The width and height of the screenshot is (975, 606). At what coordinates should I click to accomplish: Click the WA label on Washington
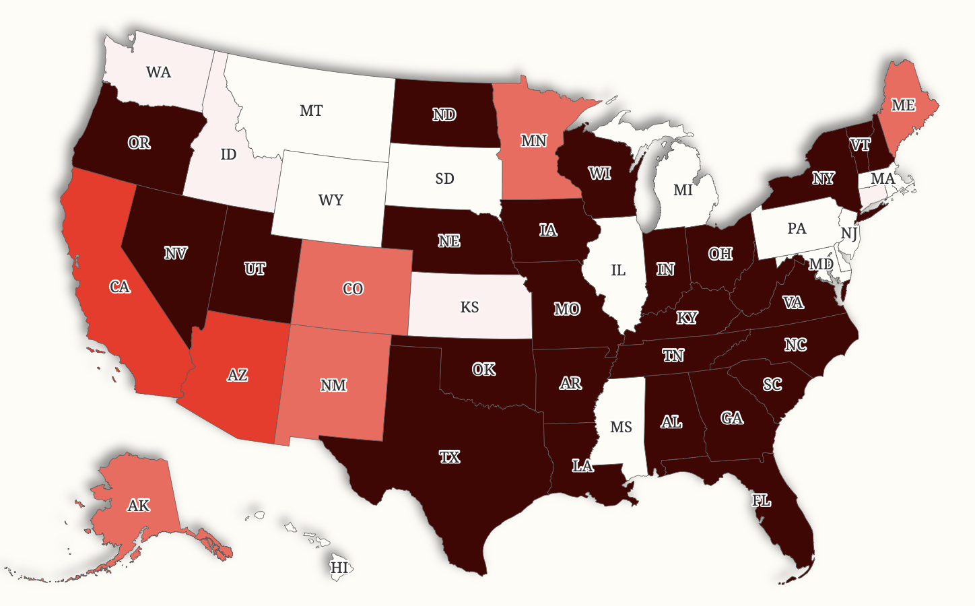click(158, 72)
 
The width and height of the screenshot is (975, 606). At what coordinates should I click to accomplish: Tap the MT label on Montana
click(311, 110)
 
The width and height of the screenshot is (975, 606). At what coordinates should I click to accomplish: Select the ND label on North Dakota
click(444, 115)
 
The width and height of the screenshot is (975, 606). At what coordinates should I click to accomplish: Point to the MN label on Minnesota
click(533, 141)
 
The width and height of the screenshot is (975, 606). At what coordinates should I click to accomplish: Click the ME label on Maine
click(903, 105)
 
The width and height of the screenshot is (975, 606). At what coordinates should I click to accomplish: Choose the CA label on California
click(120, 287)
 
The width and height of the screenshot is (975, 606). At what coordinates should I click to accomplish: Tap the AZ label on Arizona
click(237, 375)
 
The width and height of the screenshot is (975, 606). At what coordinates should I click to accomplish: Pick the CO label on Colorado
click(353, 289)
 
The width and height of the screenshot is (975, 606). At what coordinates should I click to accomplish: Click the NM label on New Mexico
click(333, 385)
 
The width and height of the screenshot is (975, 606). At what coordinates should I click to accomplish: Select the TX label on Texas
click(449, 457)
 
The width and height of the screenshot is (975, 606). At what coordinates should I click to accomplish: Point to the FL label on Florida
click(761, 500)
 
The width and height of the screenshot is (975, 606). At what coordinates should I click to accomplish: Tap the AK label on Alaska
click(139, 505)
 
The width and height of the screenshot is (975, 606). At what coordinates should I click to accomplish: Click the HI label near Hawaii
click(339, 568)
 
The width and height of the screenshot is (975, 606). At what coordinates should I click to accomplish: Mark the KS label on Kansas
click(469, 307)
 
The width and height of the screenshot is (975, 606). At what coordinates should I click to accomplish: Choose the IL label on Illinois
click(618, 270)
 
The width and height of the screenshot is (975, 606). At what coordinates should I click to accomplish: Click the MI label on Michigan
click(683, 191)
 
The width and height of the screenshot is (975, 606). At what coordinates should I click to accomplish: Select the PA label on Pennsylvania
click(797, 228)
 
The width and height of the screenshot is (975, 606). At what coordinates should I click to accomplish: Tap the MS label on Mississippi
click(621, 427)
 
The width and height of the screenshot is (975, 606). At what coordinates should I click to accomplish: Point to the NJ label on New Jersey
click(849, 234)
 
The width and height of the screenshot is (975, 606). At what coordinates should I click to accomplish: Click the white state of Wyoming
click(331, 200)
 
